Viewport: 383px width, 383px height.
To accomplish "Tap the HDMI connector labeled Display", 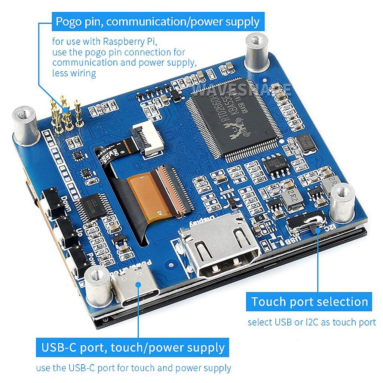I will pos(219,248).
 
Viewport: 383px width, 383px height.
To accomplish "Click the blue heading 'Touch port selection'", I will pos(309,302).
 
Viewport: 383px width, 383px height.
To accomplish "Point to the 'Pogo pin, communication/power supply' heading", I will pos(157,21).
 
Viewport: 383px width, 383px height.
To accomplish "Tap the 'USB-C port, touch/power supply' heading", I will pos(133,348).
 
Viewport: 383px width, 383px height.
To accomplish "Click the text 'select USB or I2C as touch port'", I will pos(312,322).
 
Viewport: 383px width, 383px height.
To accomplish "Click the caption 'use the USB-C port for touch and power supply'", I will pos(134,368).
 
